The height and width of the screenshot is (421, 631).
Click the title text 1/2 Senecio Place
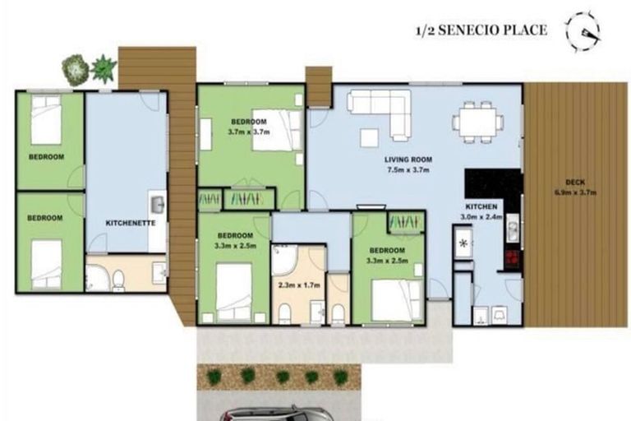coord(481,31)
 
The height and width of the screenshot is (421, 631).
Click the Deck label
coord(575,183)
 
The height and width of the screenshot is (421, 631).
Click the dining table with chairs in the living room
coord(477,122)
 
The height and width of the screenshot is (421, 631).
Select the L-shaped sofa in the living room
coord(382,111)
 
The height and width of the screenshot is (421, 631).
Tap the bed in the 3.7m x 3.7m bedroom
coord(276,131)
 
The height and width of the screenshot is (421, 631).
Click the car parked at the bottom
coord(276,414)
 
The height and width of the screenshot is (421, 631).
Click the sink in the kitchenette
coord(157,203)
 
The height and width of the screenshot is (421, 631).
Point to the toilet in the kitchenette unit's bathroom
coord(117,280)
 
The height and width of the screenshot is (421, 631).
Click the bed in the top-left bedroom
coord(47,120)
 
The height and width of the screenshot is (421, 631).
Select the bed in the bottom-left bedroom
coord(47,263)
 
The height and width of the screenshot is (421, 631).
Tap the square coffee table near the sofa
coord(370,137)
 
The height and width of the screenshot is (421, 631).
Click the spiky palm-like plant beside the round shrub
coord(104,67)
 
